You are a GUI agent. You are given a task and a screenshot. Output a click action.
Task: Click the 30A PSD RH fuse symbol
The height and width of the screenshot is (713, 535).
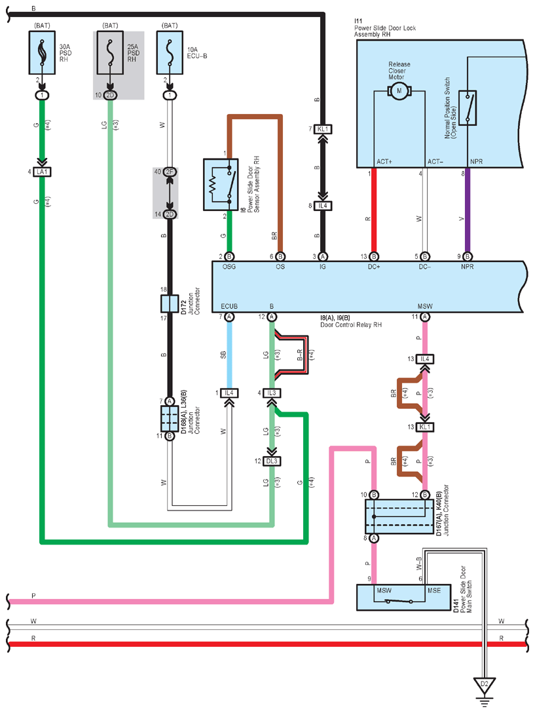pyautogui.click(x=43, y=52)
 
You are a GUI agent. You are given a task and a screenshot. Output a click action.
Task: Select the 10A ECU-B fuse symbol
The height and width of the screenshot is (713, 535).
pyautogui.click(x=170, y=52)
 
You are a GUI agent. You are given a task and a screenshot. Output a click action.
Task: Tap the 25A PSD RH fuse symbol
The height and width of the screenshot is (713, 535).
pyautogui.click(x=110, y=52)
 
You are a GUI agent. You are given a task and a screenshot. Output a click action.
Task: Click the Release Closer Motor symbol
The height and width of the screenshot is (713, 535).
pyautogui.click(x=399, y=91)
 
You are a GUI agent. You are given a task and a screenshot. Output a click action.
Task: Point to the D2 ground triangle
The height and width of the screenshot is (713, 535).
pyautogui.click(x=484, y=685)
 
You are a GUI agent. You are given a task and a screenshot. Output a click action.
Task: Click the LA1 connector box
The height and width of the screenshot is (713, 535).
pyautogui.click(x=43, y=172)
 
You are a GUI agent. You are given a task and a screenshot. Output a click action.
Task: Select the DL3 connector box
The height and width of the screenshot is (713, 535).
pyautogui.click(x=272, y=461)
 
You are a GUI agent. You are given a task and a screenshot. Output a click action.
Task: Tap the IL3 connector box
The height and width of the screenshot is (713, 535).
pyautogui.click(x=272, y=393)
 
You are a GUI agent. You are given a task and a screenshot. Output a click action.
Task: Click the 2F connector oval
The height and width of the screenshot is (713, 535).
pyautogui.click(x=170, y=172)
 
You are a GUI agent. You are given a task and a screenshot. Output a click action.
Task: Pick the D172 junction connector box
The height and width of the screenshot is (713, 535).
pyautogui.click(x=170, y=303)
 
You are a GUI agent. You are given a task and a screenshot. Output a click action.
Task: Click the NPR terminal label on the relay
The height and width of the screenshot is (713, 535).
pyautogui.click(x=468, y=267)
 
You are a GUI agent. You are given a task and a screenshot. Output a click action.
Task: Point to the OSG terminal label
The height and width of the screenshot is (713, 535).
pyautogui.click(x=229, y=267)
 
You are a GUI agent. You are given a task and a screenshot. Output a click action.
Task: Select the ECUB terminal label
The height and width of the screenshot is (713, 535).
pyautogui.click(x=229, y=306)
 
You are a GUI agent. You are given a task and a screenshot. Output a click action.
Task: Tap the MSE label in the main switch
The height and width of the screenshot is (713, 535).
pyautogui.click(x=434, y=590)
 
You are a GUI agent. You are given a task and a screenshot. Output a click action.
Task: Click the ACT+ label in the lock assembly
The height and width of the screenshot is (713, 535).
pyautogui.click(x=384, y=161)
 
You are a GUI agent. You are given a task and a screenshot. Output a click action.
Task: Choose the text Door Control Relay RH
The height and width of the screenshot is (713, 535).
pyautogui.click(x=351, y=324)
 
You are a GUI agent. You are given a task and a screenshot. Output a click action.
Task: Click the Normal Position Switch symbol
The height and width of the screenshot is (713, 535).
pyautogui.click(x=468, y=107)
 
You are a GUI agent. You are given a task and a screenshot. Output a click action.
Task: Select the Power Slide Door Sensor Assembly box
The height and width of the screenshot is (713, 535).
pyautogui.click(x=221, y=185)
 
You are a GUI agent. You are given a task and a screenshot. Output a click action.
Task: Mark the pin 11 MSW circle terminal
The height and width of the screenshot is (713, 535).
pyautogui.click(x=424, y=317)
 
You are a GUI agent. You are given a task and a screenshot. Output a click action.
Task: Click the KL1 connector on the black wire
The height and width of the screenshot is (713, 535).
pyautogui.click(x=323, y=129)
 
